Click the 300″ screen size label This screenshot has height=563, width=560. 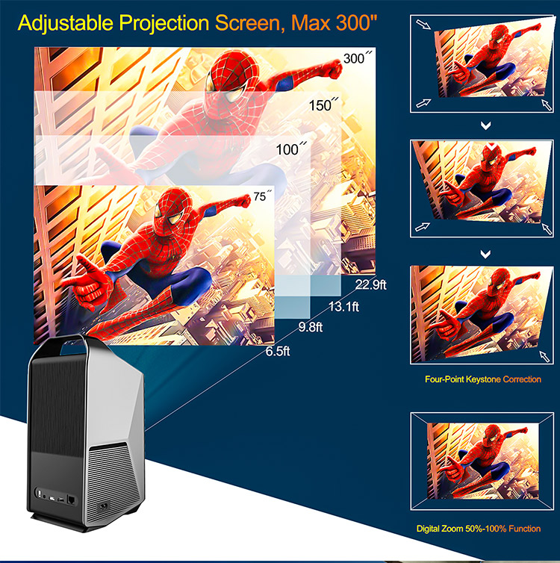(358, 57)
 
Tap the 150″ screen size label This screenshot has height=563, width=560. (323, 105)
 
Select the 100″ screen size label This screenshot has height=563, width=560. (291, 149)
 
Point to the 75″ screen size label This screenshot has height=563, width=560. (262, 196)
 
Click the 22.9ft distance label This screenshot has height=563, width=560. (370, 284)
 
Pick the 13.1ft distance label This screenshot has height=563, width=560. (343, 307)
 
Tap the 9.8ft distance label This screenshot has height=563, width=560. (311, 327)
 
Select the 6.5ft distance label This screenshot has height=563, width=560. (278, 351)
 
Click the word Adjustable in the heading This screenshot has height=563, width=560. (66, 23)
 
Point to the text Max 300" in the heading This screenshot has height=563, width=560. (334, 22)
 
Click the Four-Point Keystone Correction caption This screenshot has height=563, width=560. (483, 379)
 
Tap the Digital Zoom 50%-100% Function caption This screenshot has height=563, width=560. (479, 529)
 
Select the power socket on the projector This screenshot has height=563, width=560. (104, 507)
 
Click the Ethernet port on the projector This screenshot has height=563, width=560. (72, 500)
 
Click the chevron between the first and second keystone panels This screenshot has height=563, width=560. (485, 125)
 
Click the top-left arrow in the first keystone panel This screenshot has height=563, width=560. (423, 25)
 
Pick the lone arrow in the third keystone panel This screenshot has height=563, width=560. (544, 356)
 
